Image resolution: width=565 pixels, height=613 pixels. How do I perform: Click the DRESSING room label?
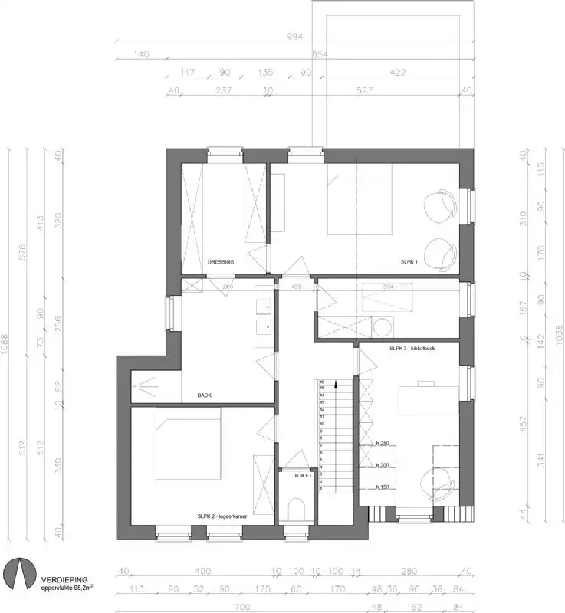[221, 261]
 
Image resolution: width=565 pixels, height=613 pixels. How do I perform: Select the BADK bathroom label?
[204, 395]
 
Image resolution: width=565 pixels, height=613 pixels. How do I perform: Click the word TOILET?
[304, 476]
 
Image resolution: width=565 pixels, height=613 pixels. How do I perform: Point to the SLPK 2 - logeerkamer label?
[222, 517]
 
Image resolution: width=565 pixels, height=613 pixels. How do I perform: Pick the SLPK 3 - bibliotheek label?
[412, 349]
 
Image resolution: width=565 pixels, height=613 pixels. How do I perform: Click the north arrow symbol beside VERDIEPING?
[20, 574]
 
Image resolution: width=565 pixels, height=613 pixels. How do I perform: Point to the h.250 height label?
[383, 444]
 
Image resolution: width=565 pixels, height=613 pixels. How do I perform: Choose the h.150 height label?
[383, 487]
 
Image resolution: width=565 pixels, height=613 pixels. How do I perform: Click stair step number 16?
[323, 381]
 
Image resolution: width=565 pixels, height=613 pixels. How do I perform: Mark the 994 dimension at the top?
[295, 36]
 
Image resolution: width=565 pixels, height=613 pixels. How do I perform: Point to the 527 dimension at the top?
[365, 91]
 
